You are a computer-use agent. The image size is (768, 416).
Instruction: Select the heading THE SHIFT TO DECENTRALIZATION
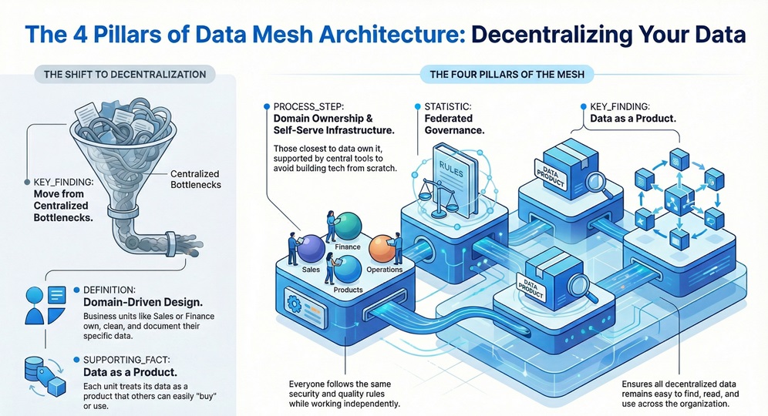click(x=125, y=75)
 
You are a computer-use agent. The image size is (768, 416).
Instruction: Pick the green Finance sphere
click(x=349, y=227)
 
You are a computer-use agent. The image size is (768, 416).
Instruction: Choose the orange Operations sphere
click(x=383, y=250)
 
